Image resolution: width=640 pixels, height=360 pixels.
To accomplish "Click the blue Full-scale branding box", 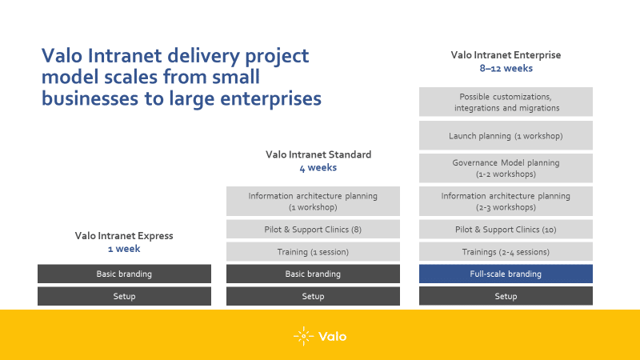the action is tap(506, 274).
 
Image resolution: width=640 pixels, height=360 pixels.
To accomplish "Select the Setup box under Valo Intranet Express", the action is tap(125, 296).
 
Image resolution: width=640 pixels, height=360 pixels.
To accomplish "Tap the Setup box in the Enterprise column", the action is tap(506, 296).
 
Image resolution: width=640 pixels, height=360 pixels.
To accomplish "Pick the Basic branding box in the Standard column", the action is tap(313, 274).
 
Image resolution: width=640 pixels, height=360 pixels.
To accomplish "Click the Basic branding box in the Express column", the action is tap(125, 274).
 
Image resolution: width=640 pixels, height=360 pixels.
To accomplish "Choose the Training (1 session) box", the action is tap(313, 252).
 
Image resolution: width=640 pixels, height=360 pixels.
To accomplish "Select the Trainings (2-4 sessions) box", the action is tap(506, 252).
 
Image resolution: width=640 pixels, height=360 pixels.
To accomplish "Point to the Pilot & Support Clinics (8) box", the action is tap(313, 230).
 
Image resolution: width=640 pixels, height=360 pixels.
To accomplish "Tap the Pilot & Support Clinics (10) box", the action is tap(506, 230).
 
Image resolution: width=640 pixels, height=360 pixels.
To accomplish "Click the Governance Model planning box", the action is tap(506, 168).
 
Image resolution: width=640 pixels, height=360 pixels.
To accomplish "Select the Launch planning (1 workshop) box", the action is tap(506, 135).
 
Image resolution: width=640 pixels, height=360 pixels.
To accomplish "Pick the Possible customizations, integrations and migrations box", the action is tap(506, 102).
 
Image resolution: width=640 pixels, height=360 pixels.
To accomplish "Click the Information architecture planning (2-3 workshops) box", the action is tap(506, 202).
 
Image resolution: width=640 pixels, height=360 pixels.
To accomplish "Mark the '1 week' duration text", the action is tap(124, 249).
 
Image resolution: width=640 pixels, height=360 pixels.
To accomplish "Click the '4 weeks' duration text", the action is tap(318, 168).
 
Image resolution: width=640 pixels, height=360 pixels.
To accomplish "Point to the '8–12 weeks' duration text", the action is tap(506, 68).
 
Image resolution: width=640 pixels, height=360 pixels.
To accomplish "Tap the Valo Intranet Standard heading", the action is tap(318, 154).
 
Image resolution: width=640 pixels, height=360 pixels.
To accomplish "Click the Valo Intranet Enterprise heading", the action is tap(506, 54).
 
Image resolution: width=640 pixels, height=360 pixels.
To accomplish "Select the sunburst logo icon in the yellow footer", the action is tap(304, 336).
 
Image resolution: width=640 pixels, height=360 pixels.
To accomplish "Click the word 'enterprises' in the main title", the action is tap(270, 99).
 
